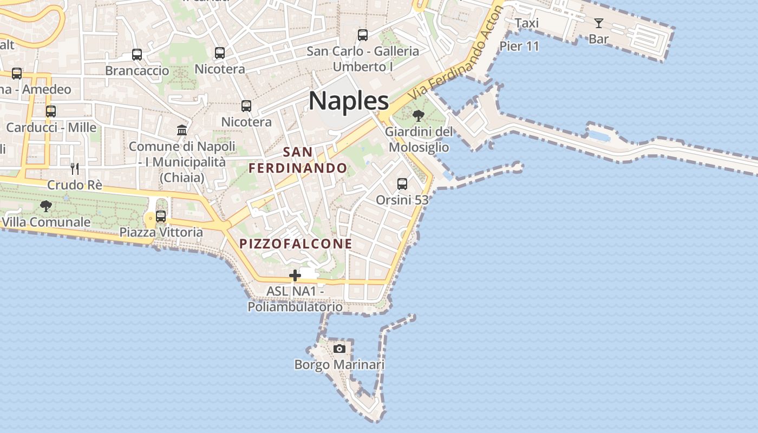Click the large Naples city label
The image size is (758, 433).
coord(349,101)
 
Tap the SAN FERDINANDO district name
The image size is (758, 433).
coord(298,160)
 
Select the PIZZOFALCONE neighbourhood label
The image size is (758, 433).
coord(296,244)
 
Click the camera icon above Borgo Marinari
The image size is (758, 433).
coord(339,348)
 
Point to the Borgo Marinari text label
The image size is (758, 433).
coord(339,364)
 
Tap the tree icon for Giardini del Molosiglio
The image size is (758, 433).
coord(418,115)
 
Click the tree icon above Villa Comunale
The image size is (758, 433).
coord(46,206)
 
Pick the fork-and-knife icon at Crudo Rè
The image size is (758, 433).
coord(75,168)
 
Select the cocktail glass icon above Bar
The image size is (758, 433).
coord(598,23)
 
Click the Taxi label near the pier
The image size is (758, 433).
coord(527,23)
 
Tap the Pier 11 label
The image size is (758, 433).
coord(519,46)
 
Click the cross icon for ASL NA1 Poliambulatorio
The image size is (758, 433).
coord(295,275)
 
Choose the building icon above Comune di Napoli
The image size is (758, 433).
coord(182,130)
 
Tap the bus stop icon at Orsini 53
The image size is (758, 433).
coord(402,184)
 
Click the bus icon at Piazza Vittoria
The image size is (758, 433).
coord(161,216)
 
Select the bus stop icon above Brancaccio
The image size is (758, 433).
coord(137,55)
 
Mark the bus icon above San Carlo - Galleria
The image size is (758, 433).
coord(363,35)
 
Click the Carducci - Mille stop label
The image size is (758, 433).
coord(51,128)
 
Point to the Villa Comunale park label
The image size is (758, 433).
coord(46,222)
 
